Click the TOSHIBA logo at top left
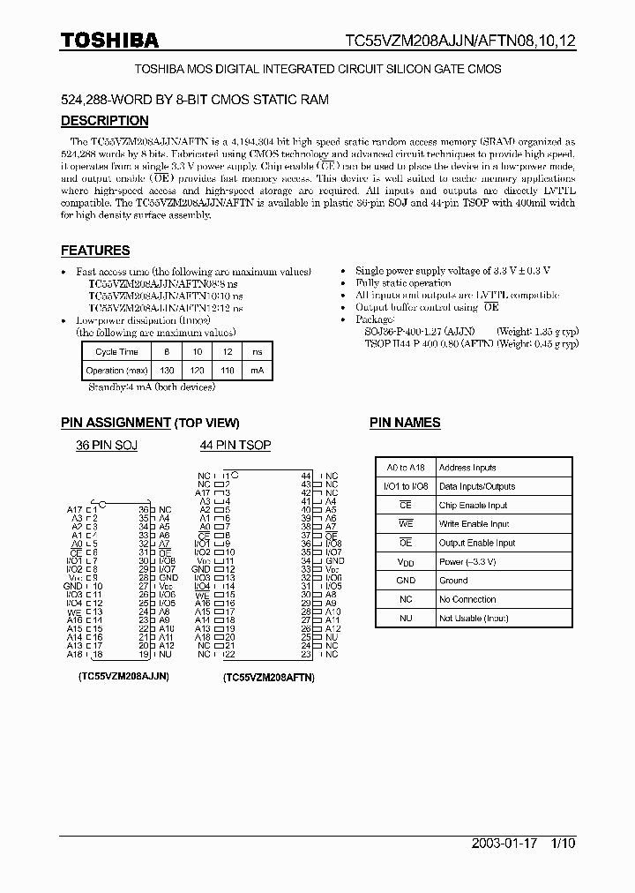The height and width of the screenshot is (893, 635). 109,40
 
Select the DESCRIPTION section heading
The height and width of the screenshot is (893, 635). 104,121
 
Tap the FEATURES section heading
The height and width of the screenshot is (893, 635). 95,251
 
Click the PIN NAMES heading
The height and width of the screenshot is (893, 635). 405,423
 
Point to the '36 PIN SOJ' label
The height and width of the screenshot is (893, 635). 107,446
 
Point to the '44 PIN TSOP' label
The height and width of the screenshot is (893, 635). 235,446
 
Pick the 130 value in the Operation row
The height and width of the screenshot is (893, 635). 167,371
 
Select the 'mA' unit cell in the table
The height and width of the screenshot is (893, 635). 257,371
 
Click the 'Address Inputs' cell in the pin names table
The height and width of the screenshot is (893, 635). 467,468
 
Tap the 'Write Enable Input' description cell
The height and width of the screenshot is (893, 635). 474,524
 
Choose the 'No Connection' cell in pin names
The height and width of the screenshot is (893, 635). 467,599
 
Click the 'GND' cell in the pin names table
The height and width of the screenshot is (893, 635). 405,581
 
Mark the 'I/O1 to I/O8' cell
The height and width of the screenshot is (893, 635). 405,486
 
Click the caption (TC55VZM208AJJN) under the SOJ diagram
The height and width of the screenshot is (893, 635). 117,675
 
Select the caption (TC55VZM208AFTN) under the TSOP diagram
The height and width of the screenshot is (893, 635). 268,677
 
